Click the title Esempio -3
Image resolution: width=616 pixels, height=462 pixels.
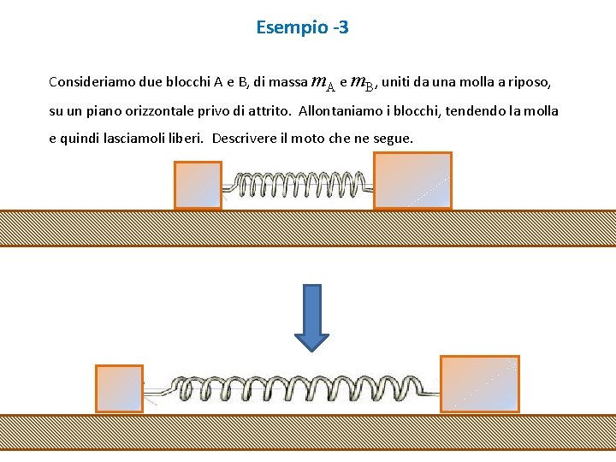coord(302,27)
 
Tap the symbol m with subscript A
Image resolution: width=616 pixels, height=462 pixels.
coord(323,83)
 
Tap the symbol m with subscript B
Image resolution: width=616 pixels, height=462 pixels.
coord(363,83)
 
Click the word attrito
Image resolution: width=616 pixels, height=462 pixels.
coord(266,110)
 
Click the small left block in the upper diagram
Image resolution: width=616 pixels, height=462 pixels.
coord(198,185)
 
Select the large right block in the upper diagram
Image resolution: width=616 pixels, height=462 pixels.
coord(412,181)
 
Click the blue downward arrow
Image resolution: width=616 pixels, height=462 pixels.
coord(311,317)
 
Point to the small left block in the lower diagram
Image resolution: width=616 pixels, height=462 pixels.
coord(119,389)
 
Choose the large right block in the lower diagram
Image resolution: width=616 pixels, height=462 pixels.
coord(479,384)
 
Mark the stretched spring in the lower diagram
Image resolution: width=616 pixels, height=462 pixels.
coord(291,390)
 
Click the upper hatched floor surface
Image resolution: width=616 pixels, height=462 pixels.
coord(308,228)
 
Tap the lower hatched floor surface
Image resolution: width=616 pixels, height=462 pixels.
coord(308,432)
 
